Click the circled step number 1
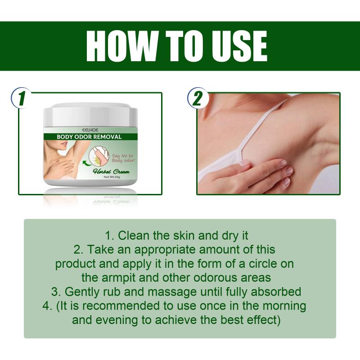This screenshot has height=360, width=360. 21,98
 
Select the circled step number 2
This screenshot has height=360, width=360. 198,98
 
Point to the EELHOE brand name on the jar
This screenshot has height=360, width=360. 90,130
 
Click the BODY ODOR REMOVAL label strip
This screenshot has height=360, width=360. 90,137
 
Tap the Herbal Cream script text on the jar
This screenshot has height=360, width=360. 111,171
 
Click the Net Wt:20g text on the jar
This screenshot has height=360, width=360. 112,177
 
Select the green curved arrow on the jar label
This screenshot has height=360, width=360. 86,163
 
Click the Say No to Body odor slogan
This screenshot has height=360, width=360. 123,158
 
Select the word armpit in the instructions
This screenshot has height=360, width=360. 119,278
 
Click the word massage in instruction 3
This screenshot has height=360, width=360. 172,292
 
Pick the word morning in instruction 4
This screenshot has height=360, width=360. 284,306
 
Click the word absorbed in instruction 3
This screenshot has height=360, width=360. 276,292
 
